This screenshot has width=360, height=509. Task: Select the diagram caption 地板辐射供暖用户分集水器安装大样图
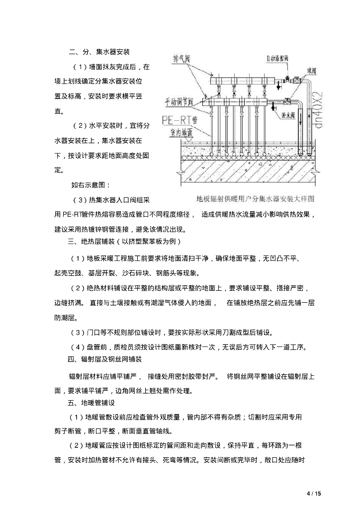[256, 198]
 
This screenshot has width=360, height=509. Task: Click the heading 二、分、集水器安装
[100, 52]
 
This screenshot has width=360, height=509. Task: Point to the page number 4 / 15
[314, 493]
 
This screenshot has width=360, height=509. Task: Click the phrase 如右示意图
[87, 185]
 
